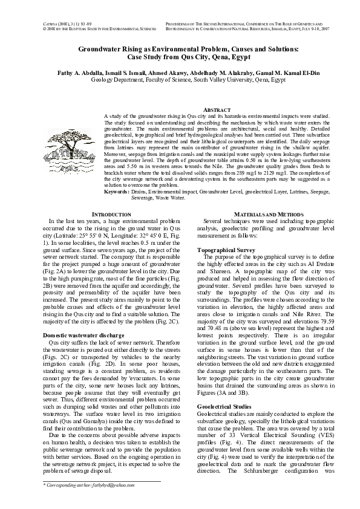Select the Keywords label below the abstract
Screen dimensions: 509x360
click(116, 191)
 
